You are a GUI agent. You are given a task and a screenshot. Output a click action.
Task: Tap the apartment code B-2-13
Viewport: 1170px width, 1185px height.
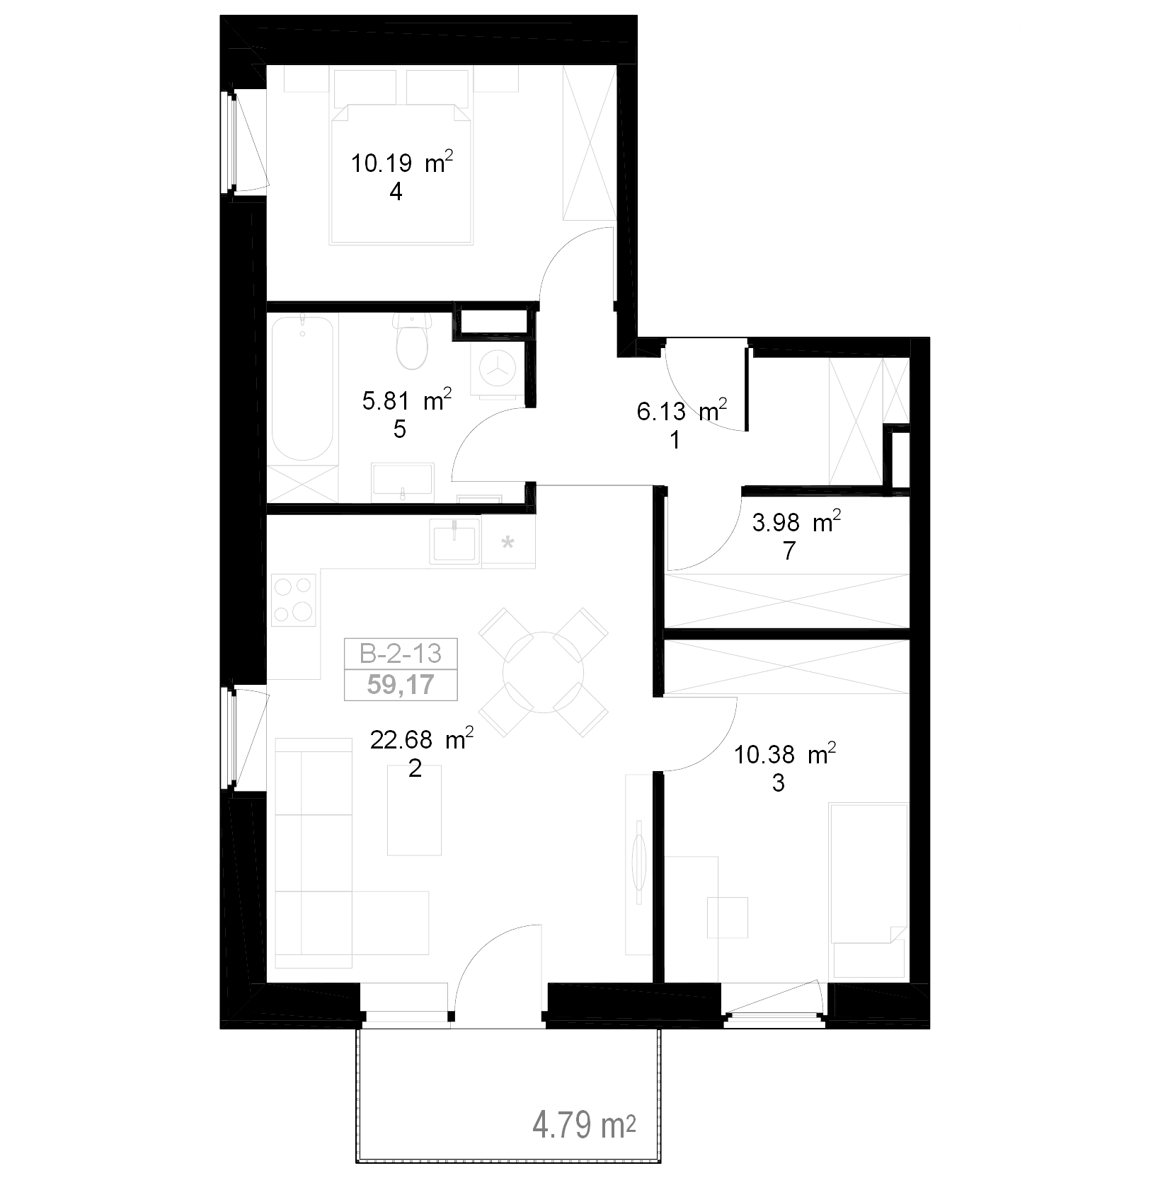[x=401, y=653]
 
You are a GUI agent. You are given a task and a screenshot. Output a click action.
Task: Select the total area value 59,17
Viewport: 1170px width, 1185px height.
[x=401, y=685]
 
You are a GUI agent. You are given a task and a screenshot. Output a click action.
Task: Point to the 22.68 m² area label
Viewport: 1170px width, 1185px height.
[x=422, y=741]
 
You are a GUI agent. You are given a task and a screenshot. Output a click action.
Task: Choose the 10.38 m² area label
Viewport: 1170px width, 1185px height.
[x=785, y=756]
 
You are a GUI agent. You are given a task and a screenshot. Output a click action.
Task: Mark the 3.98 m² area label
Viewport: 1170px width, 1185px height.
[x=796, y=523]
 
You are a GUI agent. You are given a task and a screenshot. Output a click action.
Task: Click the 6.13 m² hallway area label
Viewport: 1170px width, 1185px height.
[x=682, y=412]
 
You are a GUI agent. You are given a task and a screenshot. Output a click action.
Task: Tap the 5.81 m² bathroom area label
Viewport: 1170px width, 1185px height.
[x=407, y=402]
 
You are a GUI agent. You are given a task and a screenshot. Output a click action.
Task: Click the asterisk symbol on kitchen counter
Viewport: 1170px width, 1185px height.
[x=507, y=543]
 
